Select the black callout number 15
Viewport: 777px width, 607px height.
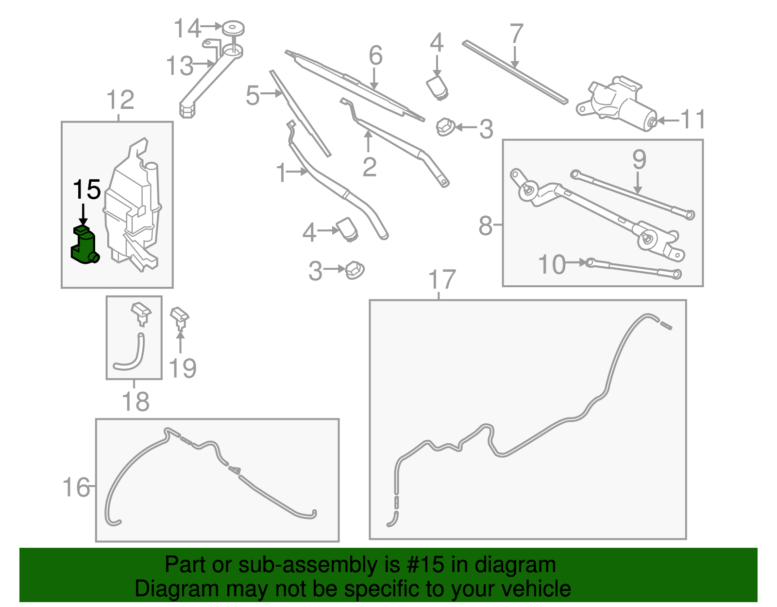click(86, 190)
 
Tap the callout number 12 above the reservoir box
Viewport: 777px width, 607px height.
click(120, 101)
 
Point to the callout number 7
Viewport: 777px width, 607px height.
click(516, 34)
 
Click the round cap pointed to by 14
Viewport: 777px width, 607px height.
click(233, 28)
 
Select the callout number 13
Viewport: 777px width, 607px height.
click(179, 66)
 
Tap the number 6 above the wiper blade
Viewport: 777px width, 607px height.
click(375, 55)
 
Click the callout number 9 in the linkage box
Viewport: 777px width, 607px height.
click(639, 159)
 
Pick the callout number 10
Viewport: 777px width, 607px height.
click(552, 265)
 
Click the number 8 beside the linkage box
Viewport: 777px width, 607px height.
click(485, 226)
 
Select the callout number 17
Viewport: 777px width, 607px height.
click(442, 280)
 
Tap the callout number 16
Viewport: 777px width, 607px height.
click(76, 487)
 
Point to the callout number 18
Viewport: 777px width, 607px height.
click(135, 402)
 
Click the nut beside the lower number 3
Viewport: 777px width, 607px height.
click(355, 270)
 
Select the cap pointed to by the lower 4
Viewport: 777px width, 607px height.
click(348, 228)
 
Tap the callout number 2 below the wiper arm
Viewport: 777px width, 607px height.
click(369, 167)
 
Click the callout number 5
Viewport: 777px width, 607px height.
click(253, 95)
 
